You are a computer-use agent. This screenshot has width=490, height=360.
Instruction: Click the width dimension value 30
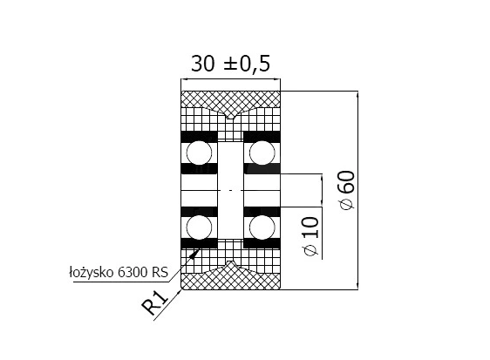point(203,64)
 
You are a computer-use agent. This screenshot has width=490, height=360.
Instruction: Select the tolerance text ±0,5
point(247,64)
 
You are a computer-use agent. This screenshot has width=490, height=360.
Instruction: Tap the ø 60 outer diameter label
point(347,190)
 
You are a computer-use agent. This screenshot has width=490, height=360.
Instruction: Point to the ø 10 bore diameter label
point(311,236)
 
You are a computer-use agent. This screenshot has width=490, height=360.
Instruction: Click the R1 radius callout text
point(155,302)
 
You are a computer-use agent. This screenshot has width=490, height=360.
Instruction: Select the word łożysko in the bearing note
point(92,272)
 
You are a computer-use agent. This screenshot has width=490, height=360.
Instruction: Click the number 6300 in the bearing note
point(133,272)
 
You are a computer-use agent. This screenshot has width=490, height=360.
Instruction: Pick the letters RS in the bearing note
point(160,272)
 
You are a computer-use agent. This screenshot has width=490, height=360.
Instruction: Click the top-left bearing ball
point(199,153)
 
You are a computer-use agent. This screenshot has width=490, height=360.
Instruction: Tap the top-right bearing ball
point(262,153)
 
